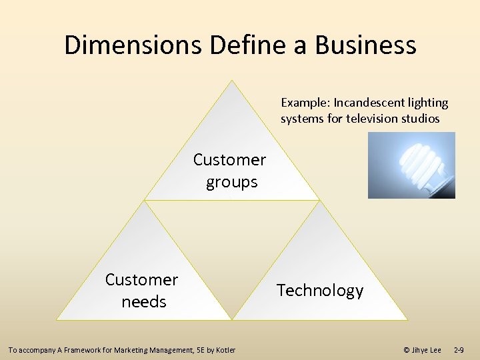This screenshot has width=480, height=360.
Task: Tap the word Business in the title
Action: pyautogui.click(x=365, y=45)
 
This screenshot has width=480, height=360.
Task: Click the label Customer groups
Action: pyautogui.click(x=230, y=171)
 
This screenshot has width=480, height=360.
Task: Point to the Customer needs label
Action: pyautogui.click(x=142, y=291)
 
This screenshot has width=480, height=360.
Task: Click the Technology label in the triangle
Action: pyautogui.click(x=320, y=291)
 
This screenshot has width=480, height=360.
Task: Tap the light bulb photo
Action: pyautogui.click(x=411, y=165)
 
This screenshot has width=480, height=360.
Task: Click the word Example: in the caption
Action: pyautogui.click(x=305, y=103)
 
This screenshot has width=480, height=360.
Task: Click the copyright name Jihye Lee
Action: pyautogui.click(x=427, y=350)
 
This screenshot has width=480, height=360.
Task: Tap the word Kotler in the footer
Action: pyautogui.click(x=225, y=350)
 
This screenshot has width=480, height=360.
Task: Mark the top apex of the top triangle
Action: pyautogui.click(x=231, y=81)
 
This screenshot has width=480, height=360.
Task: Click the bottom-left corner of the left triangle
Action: pyautogui.click(x=57, y=320)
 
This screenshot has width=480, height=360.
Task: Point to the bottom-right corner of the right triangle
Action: pyautogui.click(x=407, y=320)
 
